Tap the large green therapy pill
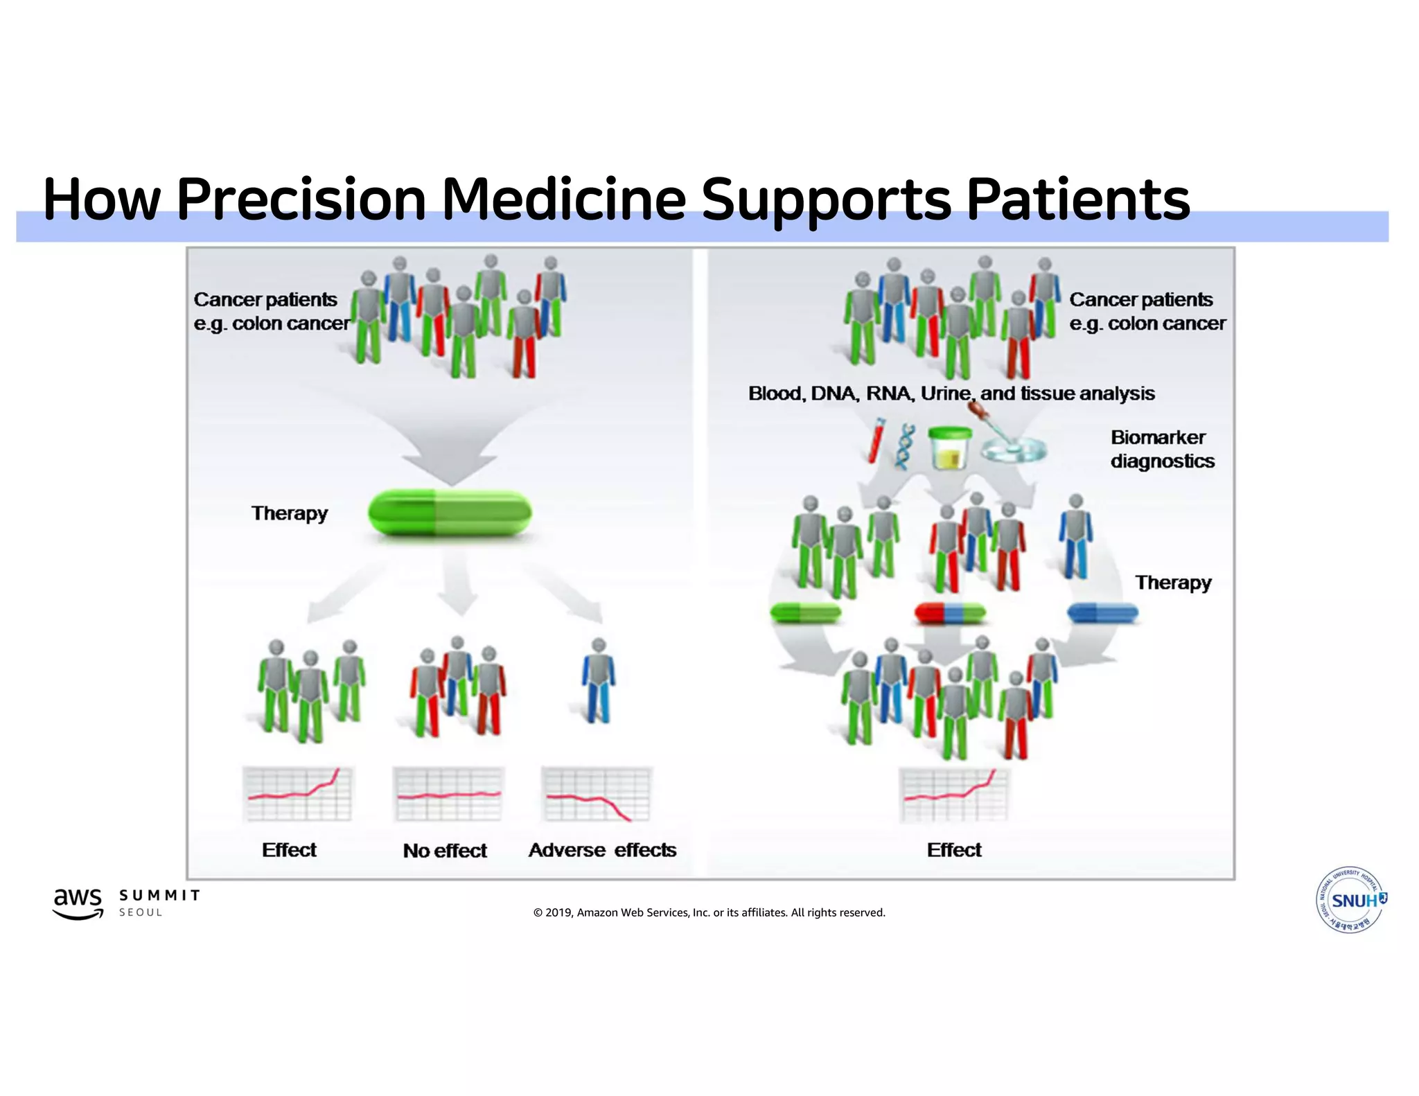click(x=450, y=513)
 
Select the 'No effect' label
click(x=445, y=850)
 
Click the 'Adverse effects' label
click(x=602, y=850)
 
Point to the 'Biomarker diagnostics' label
click(x=1162, y=449)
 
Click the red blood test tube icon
click(x=877, y=439)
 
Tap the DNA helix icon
click(x=904, y=448)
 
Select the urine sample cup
click(x=950, y=448)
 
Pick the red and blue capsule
click(x=949, y=612)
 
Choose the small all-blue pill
click(x=1102, y=612)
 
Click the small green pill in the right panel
click(x=805, y=612)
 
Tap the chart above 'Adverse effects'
click(x=597, y=794)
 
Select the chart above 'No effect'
click(x=448, y=794)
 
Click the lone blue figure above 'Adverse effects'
click(x=598, y=682)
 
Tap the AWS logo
click(x=78, y=903)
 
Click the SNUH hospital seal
click(x=1350, y=900)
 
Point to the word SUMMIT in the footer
click(x=159, y=895)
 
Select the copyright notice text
click(x=709, y=912)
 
